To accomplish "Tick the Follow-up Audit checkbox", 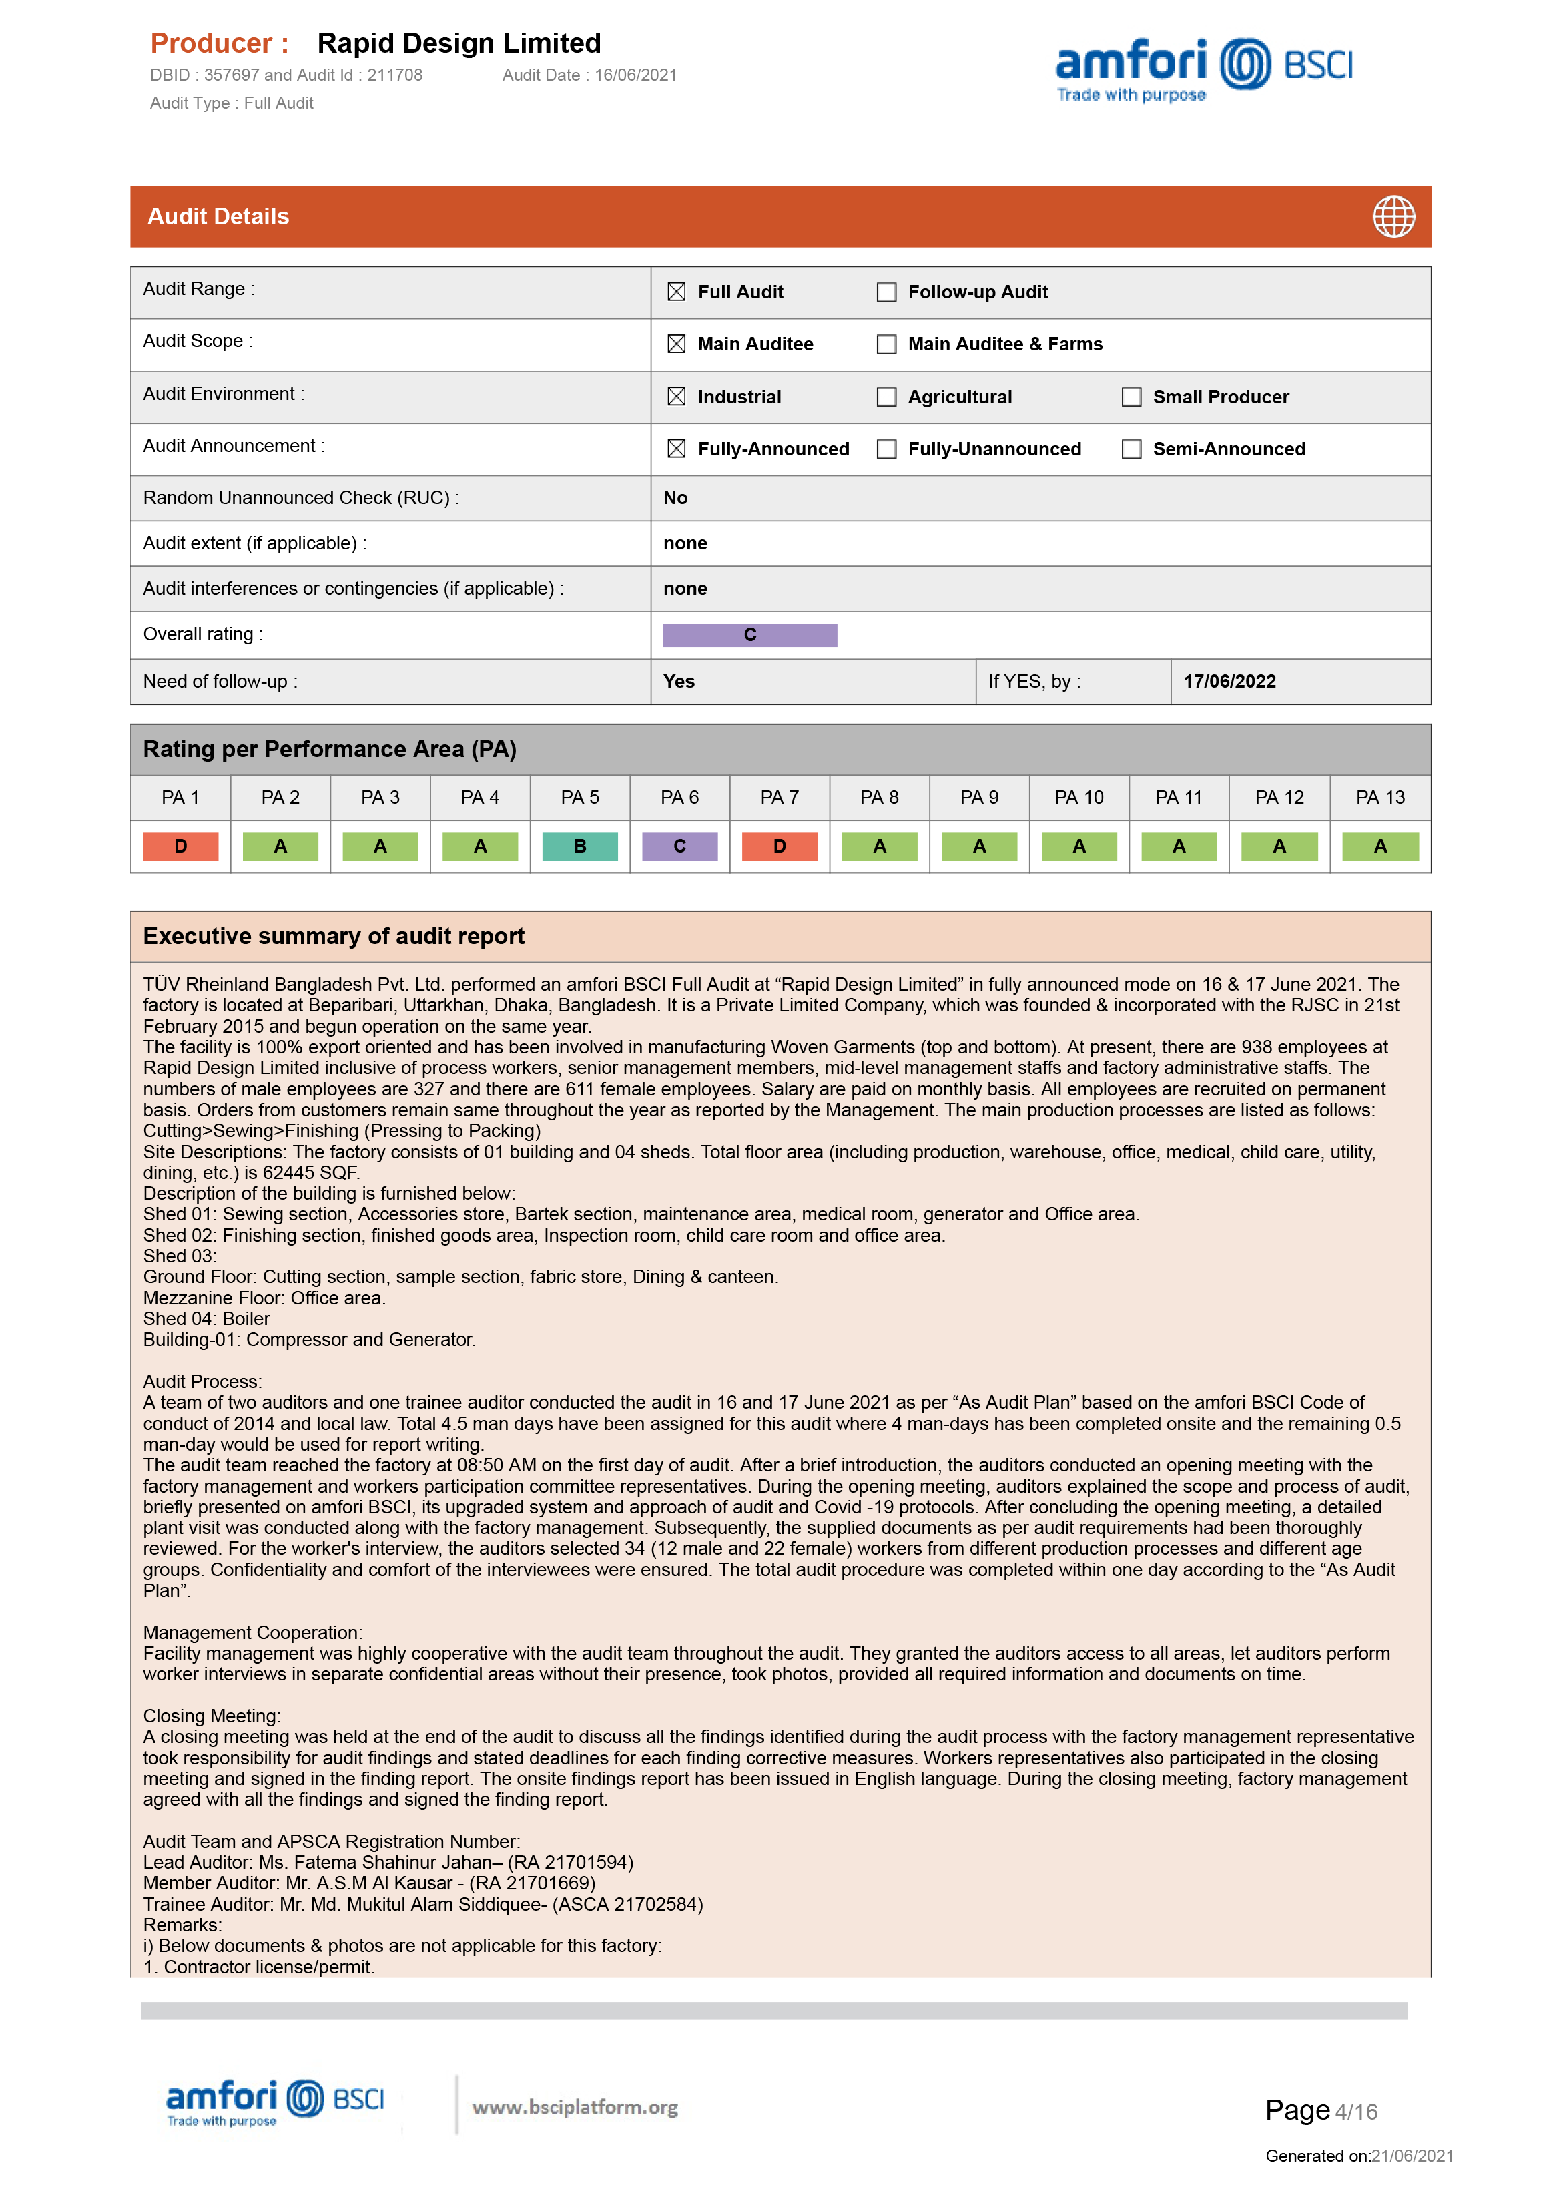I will pos(887,292).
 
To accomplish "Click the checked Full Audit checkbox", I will pos(676,292).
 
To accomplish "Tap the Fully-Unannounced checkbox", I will pos(887,449).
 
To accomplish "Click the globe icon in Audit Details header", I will pos(1393,216).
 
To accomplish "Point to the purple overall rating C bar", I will pos(749,635).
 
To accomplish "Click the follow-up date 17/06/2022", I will pos(1229,682).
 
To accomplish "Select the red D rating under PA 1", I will pos(180,846).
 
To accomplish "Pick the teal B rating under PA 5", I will pos(579,846).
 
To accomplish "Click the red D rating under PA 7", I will pos(780,846).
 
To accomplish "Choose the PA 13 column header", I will pos(1379,798).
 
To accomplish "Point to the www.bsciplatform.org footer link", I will pos(575,2107).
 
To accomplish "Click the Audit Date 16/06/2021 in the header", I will pos(590,75).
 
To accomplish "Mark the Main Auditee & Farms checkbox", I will pos(887,344).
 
